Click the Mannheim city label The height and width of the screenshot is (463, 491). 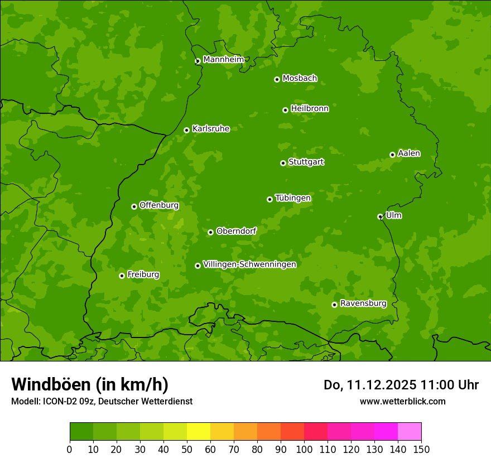pyautogui.click(x=223, y=60)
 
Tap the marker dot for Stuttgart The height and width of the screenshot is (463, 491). pyautogui.click(x=283, y=163)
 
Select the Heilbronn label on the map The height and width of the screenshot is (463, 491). pyautogui.click(x=310, y=109)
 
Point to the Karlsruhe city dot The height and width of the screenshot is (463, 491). pyautogui.click(x=186, y=130)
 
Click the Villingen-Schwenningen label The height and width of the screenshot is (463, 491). pyautogui.click(x=249, y=264)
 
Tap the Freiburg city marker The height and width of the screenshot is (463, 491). pyautogui.click(x=122, y=276)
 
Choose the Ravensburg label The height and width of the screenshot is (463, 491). pyautogui.click(x=363, y=303)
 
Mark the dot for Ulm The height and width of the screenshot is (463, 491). pyautogui.click(x=380, y=216)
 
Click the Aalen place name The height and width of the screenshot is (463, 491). pyautogui.click(x=409, y=153)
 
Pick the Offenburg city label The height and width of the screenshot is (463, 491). pyautogui.click(x=159, y=205)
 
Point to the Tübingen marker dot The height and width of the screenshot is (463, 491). pyautogui.click(x=269, y=199)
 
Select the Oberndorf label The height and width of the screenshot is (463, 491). pyautogui.click(x=237, y=231)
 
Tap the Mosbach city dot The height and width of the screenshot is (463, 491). pyautogui.click(x=277, y=79)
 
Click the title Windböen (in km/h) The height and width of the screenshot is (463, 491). pyautogui.click(x=89, y=384)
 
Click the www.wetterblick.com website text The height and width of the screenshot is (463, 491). pyautogui.click(x=402, y=401)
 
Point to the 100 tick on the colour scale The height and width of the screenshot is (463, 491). pyautogui.click(x=304, y=449)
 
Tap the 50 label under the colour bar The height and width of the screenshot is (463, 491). pyautogui.click(x=187, y=449)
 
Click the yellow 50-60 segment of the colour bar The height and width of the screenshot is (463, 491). pyautogui.click(x=199, y=432)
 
